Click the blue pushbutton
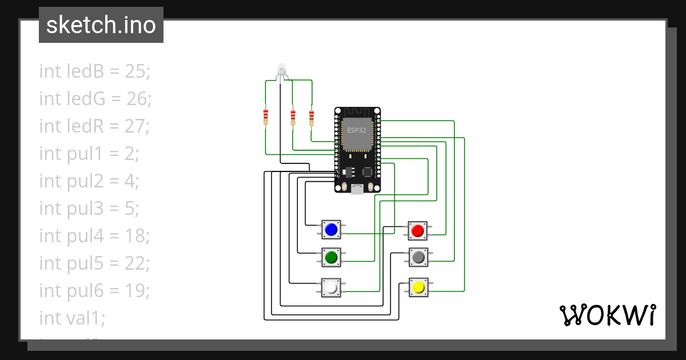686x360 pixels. (x=331, y=230)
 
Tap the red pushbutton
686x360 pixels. (x=417, y=231)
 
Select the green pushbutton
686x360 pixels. (x=331, y=258)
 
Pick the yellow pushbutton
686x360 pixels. (x=418, y=287)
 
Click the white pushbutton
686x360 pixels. (x=331, y=287)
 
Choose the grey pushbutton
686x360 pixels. (x=418, y=258)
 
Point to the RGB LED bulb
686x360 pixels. (x=281, y=69)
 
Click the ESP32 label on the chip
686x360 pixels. (x=357, y=130)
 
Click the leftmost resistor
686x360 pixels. (x=265, y=117)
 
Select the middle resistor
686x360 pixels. (x=293, y=117)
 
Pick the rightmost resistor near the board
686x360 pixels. (x=312, y=117)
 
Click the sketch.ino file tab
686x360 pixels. (x=101, y=25)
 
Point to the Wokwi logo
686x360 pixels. (x=607, y=315)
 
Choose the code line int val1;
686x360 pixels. (x=72, y=318)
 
